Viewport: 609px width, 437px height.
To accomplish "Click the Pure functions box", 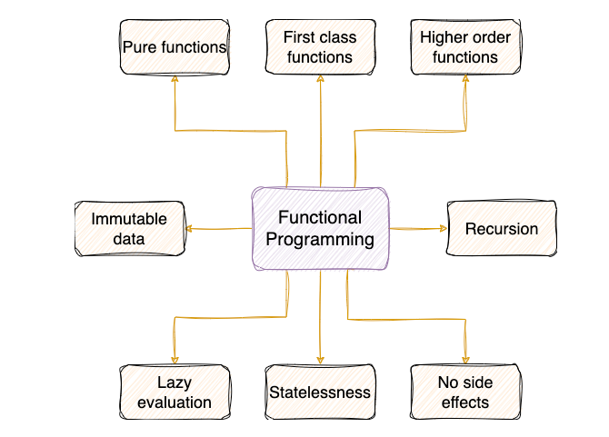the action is tap(175, 47).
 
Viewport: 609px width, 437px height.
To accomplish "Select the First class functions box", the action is tap(321, 47).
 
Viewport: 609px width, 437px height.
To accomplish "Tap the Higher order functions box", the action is tap(465, 47).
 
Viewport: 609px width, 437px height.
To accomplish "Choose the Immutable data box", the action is tap(130, 229).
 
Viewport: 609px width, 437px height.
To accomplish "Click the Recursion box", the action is tap(502, 229).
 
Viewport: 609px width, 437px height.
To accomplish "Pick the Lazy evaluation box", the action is tap(175, 392).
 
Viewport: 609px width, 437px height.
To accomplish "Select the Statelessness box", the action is tap(321, 392).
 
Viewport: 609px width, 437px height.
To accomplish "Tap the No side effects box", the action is tap(465, 392).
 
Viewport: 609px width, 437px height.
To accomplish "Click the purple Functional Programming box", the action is tap(321, 229).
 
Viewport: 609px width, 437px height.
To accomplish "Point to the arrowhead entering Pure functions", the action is tap(175, 78).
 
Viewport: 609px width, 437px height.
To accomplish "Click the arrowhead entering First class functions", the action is tap(321, 78).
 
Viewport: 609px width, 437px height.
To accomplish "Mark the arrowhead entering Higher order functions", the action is tap(465, 78).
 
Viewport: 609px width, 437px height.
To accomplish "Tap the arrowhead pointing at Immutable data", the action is tap(189, 229).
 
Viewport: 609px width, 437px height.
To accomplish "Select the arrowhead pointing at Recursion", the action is tap(444, 229).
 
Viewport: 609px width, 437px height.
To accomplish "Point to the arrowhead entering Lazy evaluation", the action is tap(175, 361).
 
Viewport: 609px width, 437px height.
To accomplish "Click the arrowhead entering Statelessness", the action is tap(321, 361).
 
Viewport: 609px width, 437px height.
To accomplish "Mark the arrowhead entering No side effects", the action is tap(465, 361).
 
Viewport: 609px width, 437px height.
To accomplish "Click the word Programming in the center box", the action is tap(320, 240).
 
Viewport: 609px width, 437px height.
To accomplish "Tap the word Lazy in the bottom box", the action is tap(175, 383).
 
